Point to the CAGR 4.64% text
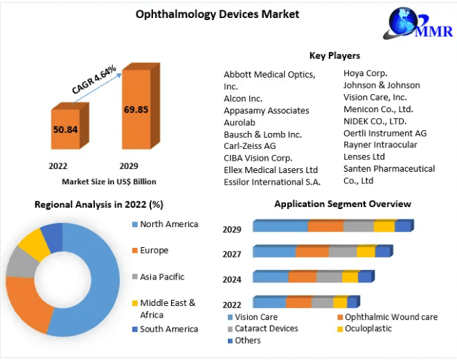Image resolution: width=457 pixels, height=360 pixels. [x=93, y=78]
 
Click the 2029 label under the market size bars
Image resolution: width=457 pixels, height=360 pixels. [x=128, y=166]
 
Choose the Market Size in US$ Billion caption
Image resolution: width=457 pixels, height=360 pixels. [x=109, y=181]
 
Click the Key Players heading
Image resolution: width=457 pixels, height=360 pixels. [x=334, y=55]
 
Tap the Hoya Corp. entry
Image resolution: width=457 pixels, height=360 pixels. [x=365, y=73]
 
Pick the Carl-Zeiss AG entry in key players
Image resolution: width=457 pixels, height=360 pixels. [x=249, y=146]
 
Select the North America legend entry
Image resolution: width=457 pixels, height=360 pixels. [x=168, y=224]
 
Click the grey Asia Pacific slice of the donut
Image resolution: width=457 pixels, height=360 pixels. [x=21, y=262]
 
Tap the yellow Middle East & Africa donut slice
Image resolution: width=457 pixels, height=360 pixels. [x=32, y=242]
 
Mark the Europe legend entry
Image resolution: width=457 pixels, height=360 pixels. [x=154, y=250]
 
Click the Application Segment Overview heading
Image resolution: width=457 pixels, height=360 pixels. [x=342, y=204]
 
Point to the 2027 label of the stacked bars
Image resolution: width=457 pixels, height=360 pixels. [x=231, y=254]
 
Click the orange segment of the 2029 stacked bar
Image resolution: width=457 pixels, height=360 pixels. [x=325, y=226]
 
